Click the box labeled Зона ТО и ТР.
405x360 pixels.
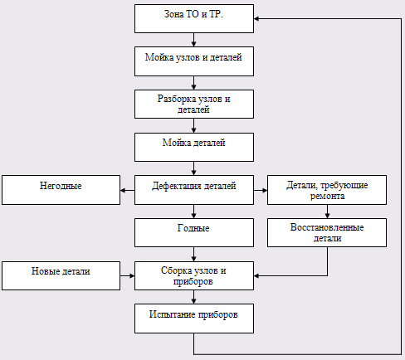194,18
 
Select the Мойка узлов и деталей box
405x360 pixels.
194,61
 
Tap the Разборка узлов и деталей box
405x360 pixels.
194,104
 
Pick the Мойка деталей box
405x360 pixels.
194,147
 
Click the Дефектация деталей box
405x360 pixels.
194,190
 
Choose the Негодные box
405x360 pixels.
61,190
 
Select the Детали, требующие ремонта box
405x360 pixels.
327,190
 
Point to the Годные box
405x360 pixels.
194,232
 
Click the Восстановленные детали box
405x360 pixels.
327,232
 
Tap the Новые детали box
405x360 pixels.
61,275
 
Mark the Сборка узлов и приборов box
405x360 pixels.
194,275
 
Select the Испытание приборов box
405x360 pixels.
194,319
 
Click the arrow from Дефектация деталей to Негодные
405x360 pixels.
128,190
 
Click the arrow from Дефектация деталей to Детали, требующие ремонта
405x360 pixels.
261,190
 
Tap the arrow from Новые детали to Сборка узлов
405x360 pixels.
128,275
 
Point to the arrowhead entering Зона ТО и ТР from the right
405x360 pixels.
256,19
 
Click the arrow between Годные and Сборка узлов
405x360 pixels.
193,254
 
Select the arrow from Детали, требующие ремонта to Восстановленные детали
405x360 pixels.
327,212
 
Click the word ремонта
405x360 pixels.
327,196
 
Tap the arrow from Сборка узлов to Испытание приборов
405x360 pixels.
193,297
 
